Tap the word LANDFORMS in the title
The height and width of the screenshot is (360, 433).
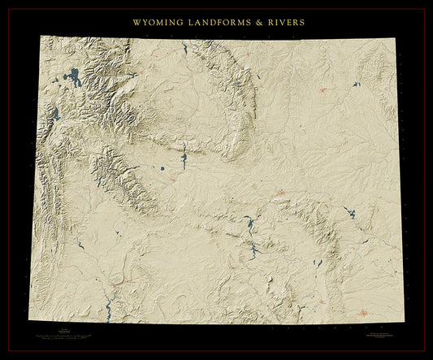click(217, 22)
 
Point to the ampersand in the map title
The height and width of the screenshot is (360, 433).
click(257, 22)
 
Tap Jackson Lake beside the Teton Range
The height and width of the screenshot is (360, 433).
click(57, 115)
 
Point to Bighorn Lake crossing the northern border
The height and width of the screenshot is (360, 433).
click(185, 49)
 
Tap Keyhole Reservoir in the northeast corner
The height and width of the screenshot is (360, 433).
click(356, 85)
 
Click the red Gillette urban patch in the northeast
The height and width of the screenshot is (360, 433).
click(326, 90)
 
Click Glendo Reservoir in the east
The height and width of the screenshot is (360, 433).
click(350, 213)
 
